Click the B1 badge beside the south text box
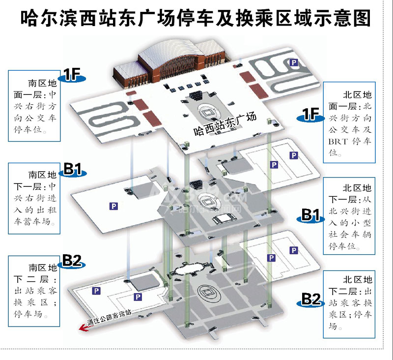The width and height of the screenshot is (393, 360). pos(72,170)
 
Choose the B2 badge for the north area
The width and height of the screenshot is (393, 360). pos(311,299)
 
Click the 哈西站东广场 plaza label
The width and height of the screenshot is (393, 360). pos(225,124)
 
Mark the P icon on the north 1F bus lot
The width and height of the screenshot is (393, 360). pos(294,62)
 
